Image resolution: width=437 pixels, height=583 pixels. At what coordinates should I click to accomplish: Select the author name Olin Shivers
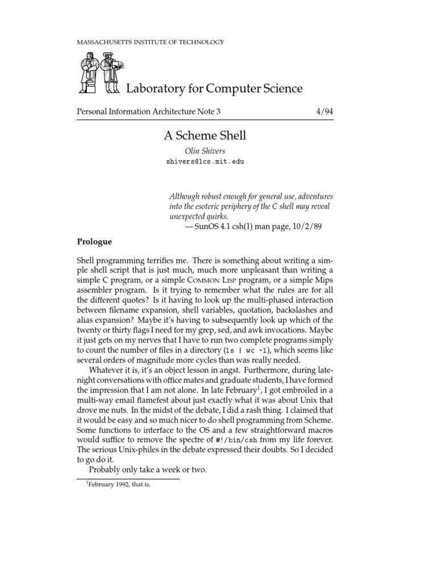[205, 150]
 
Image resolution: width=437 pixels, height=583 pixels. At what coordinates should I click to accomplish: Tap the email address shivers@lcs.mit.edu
[205, 162]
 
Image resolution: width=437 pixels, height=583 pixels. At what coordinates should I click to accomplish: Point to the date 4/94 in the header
[324, 112]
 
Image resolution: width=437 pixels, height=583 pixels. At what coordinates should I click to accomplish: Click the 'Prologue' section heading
[94, 241]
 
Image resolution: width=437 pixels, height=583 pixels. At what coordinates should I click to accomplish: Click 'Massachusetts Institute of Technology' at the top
[150, 42]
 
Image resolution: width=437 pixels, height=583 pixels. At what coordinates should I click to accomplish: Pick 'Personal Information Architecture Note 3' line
[149, 112]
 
